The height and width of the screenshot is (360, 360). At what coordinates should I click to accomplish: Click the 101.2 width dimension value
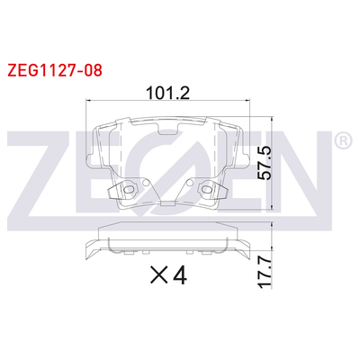point(166,92)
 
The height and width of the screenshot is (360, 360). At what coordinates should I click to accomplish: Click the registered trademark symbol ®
point(343,142)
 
